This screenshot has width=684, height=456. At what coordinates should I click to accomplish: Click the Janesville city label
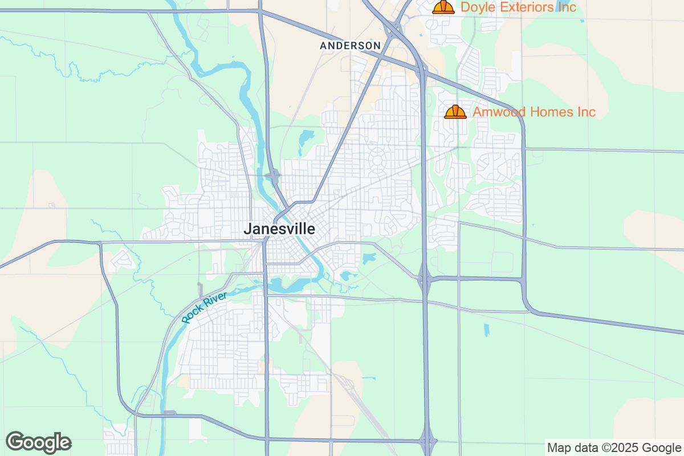pyautogui.click(x=279, y=229)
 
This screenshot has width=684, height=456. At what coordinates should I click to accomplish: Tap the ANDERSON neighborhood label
pyautogui.click(x=350, y=46)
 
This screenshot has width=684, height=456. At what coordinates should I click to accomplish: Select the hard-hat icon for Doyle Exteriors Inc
pyautogui.click(x=443, y=7)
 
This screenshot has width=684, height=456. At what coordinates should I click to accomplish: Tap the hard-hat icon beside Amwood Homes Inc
pyautogui.click(x=455, y=112)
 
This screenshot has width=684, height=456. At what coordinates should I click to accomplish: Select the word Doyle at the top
pyautogui.click(x=476, y=7)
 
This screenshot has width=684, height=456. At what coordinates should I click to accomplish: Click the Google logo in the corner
pyautogui.click(x=38, y=442)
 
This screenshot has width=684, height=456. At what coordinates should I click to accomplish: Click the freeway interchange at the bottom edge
pyautogui.click(x=427, y=440)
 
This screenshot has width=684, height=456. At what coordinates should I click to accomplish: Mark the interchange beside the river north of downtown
pyautogui.click(x=274, y=176)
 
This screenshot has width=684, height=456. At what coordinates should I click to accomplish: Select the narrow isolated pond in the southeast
pyautogui.click(x=486, y=330)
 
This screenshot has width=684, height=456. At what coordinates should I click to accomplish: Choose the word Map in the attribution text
pyautogui.click(x=558, y=447)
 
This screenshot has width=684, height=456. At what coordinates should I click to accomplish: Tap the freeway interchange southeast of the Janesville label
pyautogui.click(x=425, y=279)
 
